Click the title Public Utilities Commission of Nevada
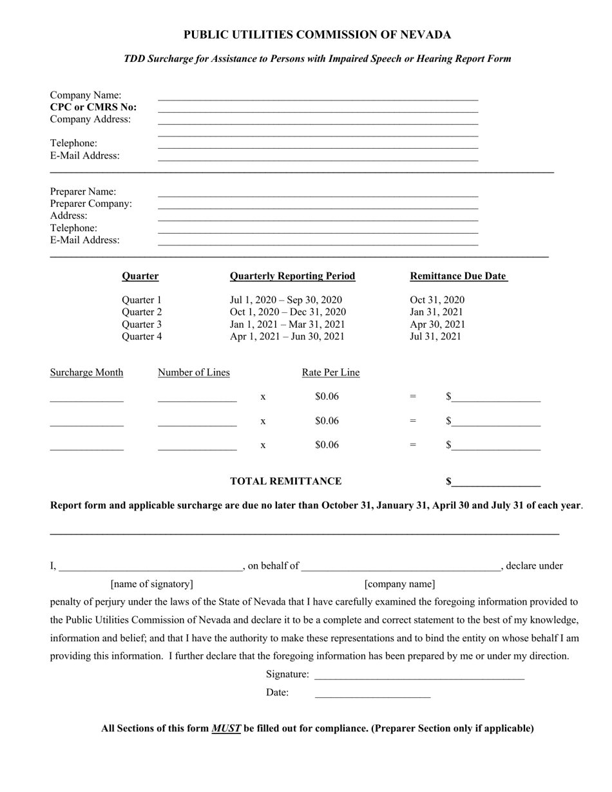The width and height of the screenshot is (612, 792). click(x=317, y=35)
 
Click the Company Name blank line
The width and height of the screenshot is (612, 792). click(x=318, y=97)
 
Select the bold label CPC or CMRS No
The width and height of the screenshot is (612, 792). click(x=93, y=107)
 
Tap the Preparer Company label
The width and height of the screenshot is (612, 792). click(x=91, y=203)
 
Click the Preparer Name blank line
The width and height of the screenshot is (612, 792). click(x=318, y=194)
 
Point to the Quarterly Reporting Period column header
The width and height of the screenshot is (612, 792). click(x=292, y=276)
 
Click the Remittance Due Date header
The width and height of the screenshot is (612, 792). click(x=459, y=276)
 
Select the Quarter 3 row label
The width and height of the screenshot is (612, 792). click(x=142, y=324)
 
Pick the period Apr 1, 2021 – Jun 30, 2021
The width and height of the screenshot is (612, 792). click(x=287, y=336)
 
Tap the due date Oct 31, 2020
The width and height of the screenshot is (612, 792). click(x=437, y=299)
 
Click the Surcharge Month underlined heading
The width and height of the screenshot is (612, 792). click(x=86, y=372)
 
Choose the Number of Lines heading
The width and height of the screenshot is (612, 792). click(x=193, y=372)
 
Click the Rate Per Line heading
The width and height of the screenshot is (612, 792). click(x=330, y=372)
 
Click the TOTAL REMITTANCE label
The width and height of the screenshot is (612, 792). click(x=286, y=481)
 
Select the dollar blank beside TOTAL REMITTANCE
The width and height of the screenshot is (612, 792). click(x=495, y=483)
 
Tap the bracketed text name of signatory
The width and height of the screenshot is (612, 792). click(x=151, y=584)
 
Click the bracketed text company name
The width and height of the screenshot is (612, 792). click(x=399, y=584)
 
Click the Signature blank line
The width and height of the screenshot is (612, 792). click(x=419, y=676)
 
